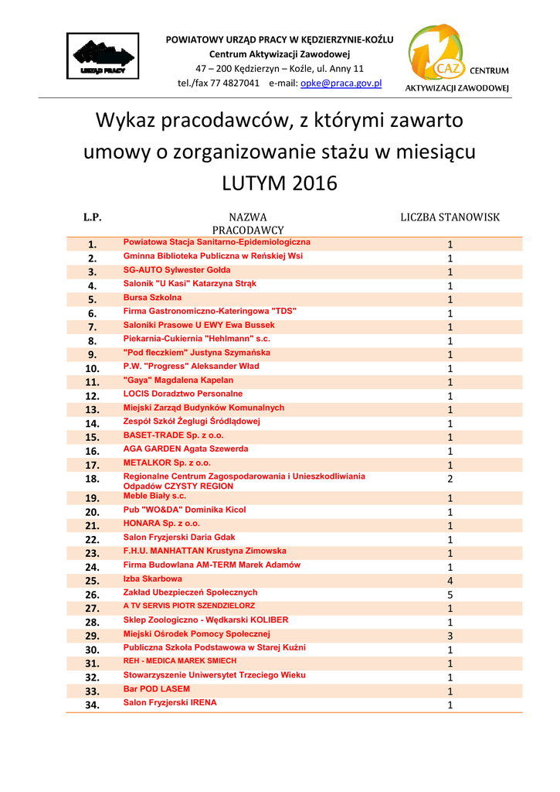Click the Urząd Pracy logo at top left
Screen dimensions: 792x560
pyautogui.click(x=102, y=56)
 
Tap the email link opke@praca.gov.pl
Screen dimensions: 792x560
pyautogui.click(x=341, y=83)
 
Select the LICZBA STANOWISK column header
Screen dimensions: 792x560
pyautogui.click(x=450, y=217)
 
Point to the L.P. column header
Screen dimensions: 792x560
pyautogui.click(x=93, y=217)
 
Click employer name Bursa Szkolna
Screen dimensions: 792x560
pyautogui.click(x=153, y=298)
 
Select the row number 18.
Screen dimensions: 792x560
pyautogui.click(x=93, y=480)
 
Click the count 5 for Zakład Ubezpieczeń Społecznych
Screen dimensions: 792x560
pyautogui.click(x=450, y=595)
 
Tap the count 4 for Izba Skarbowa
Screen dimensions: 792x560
pyautogui.click(x=450, y=581)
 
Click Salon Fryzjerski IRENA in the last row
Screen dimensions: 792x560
pyautogui.click(x=170, y=703)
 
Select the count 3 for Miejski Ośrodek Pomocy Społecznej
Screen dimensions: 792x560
pyautogui.click(x=450, y=636)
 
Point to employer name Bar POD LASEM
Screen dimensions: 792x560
pyautogui.click(x=157, y=689)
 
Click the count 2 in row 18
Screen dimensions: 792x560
pyautogui.click(x=450, y=480)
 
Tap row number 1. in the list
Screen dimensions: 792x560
pyautogui.click(x=93, y=244)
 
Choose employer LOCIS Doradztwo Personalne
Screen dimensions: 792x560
pyautogui.click(x=183, y=394)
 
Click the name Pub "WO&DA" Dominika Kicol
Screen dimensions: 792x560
pyautogui.click(x=185, y=510)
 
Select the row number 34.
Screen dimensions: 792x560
pyautogui.click(x=93, y=705)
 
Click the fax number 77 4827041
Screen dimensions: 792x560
pyautogui.click(x=235, y=83)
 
